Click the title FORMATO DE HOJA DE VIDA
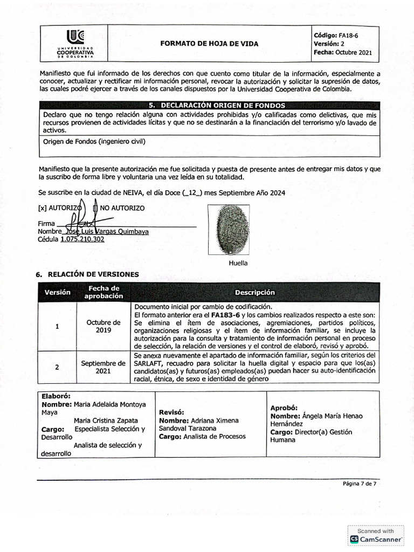(x=209, y=44)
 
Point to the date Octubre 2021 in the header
(x=353, y=53)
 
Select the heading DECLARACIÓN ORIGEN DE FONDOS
(x=216, y=106)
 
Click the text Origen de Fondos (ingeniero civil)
(x=94, y=141)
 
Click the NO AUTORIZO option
(x=122, y=208)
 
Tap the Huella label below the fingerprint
(x=238, y=263)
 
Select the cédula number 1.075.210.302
(x=83, y=239)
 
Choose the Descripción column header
(x=254, y=292)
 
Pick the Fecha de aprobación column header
(x=103, y=292)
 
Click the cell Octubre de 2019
(x=103, y=326)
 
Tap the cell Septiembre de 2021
(x=103, y=367)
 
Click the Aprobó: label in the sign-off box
(x=284, y=408)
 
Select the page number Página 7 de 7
(x=359, y=484)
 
